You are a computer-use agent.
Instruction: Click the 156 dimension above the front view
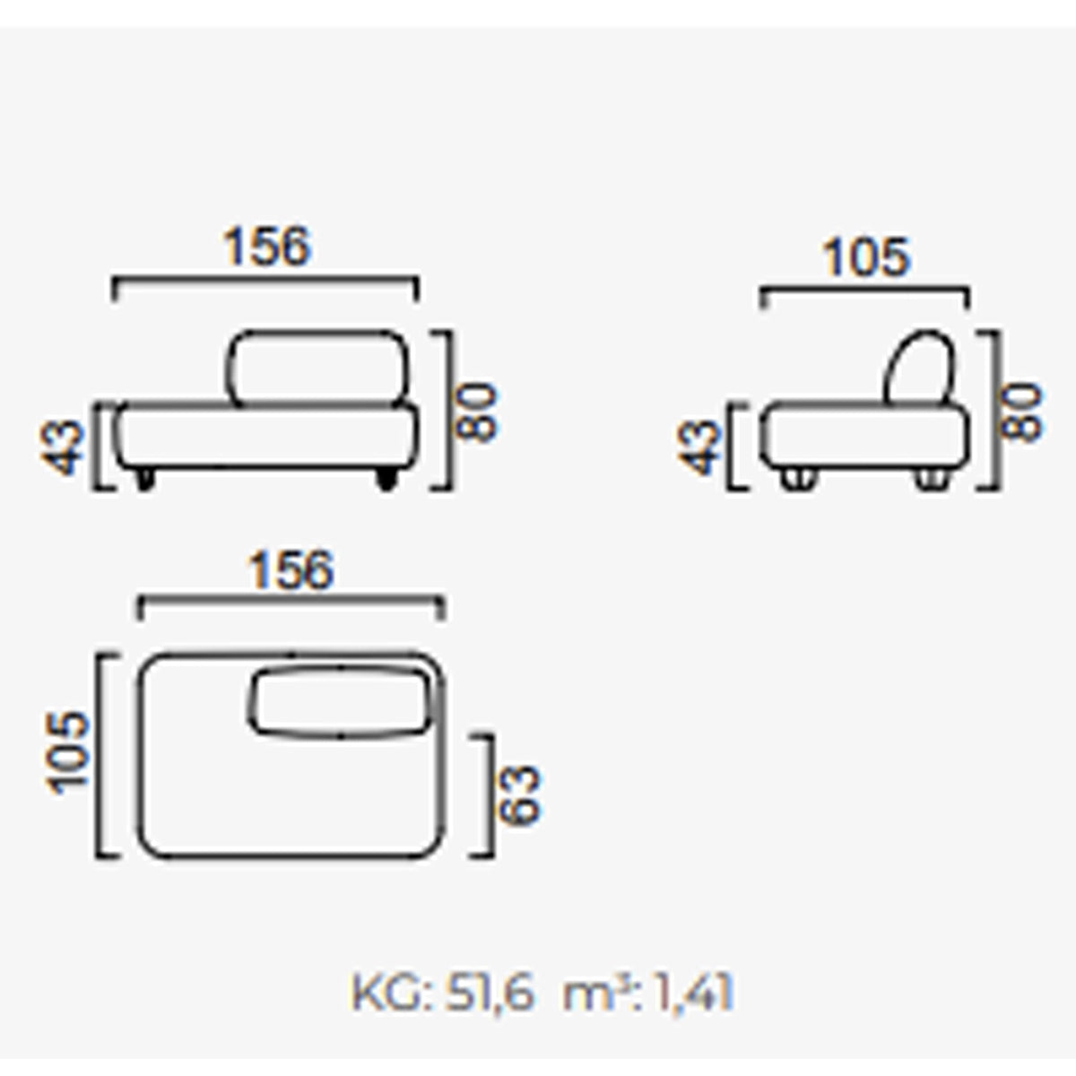point(267,246)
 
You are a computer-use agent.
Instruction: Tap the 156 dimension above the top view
point(291,570)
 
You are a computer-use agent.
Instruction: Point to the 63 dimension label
point(520,794)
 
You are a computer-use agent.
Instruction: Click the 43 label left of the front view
point(62,447)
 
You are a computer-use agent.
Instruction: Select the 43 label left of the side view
point(697,447)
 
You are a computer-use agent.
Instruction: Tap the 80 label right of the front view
point(476,412)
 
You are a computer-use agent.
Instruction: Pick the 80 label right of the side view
point(1021,412)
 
